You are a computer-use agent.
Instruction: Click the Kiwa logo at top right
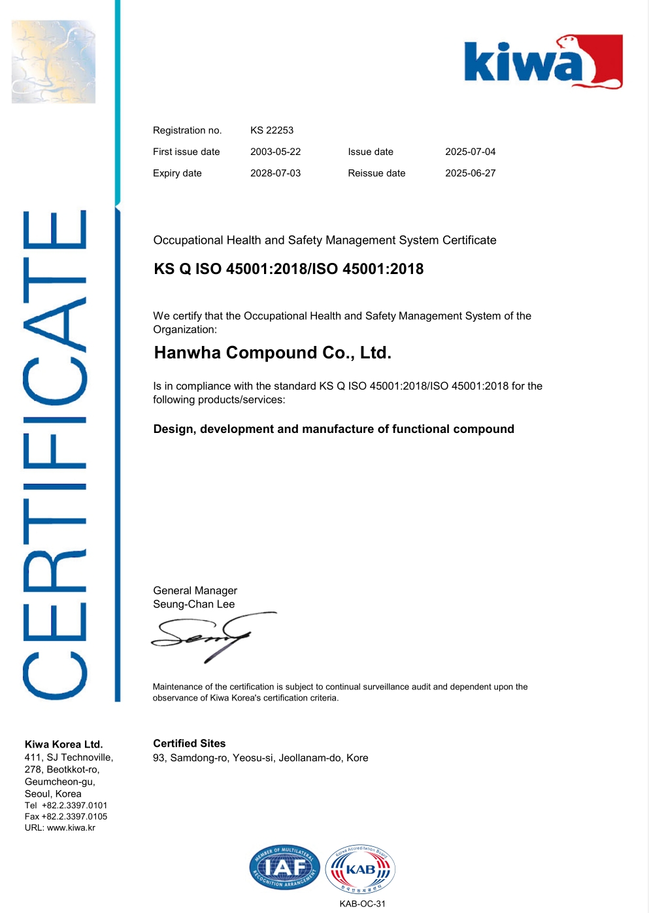(543, 62)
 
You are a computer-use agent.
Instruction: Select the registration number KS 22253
(272, 130)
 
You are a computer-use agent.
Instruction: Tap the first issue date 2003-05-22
(275, 152)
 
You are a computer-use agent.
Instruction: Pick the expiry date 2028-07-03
(275, 173)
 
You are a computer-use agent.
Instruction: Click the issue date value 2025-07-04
(470, 152)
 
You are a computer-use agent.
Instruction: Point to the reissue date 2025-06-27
(470, 173)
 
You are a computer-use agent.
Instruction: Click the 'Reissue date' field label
(376, 173)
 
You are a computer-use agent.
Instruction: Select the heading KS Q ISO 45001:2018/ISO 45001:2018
(288, 269)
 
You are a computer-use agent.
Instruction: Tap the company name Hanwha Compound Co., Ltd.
(273, 353)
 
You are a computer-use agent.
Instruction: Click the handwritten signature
(209, 636)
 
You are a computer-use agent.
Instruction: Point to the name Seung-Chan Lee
(193, 604)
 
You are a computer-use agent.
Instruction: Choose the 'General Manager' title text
(195, 591)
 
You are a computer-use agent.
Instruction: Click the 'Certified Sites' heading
(189, 744)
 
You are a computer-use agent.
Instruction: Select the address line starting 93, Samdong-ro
(260, 758)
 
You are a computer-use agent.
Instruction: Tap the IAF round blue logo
(284, 868)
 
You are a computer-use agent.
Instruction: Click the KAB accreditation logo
(360, 869)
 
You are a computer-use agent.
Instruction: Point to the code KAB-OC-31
(362, 904)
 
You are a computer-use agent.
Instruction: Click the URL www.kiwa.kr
(71, 828)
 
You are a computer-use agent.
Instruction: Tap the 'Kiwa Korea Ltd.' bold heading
(63, 744)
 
